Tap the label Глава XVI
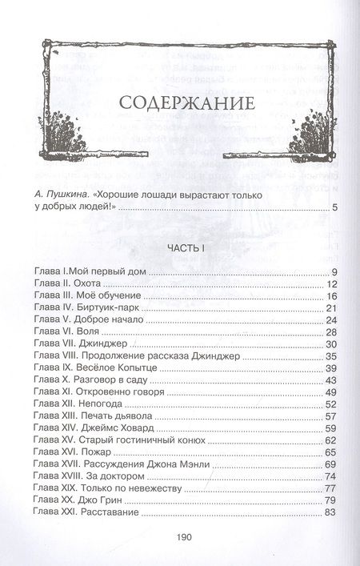(x=54, y=452)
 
